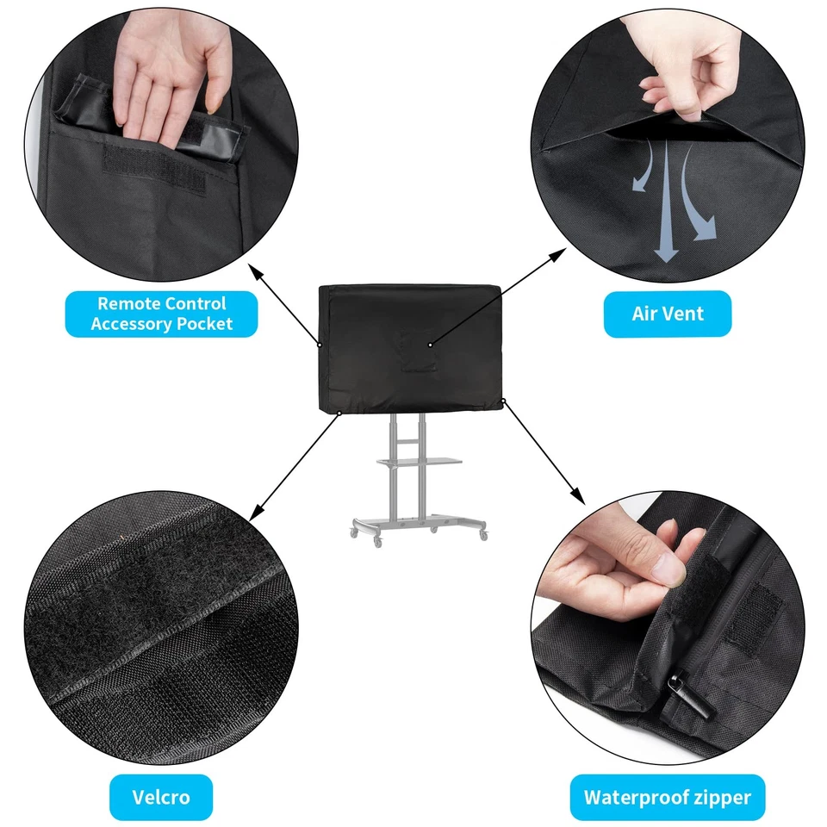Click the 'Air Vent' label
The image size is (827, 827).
point(667,314)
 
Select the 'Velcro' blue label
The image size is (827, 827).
point(161,797)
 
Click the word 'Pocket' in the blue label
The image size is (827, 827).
point(204,324)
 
